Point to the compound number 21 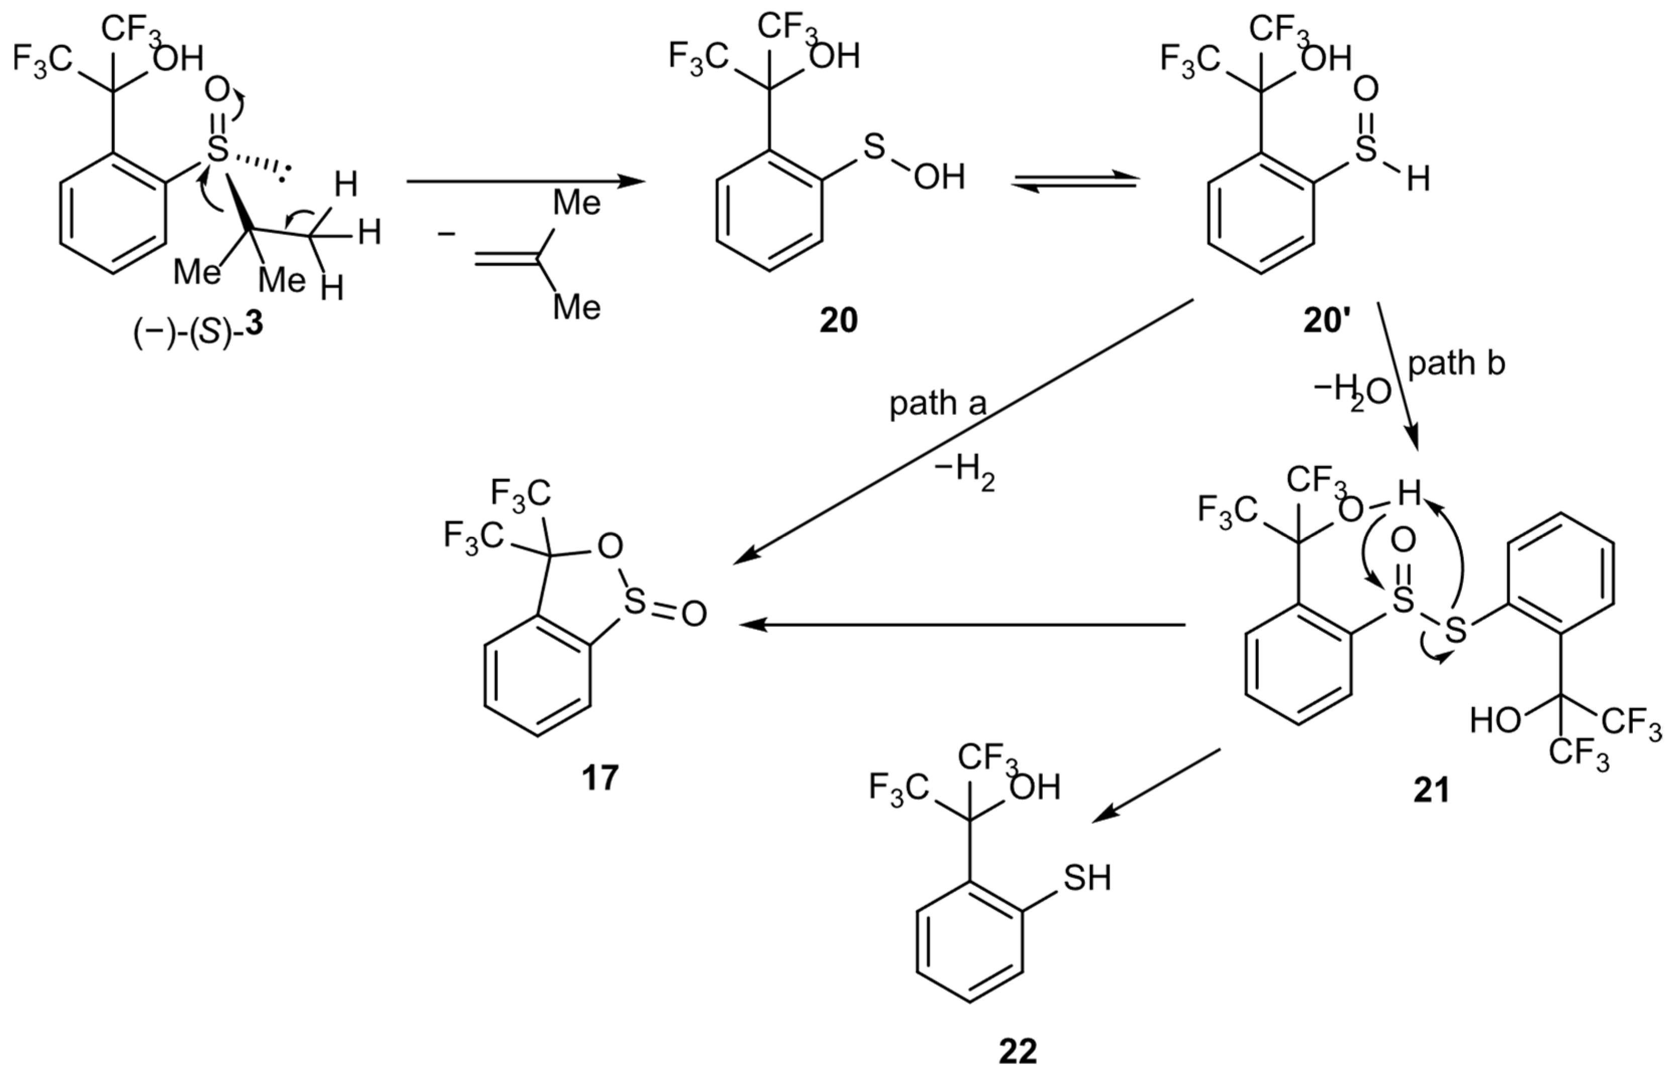1431,791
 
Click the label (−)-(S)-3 198,329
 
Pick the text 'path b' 1456,365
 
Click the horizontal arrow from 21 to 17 961,624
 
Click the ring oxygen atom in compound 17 611,546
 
